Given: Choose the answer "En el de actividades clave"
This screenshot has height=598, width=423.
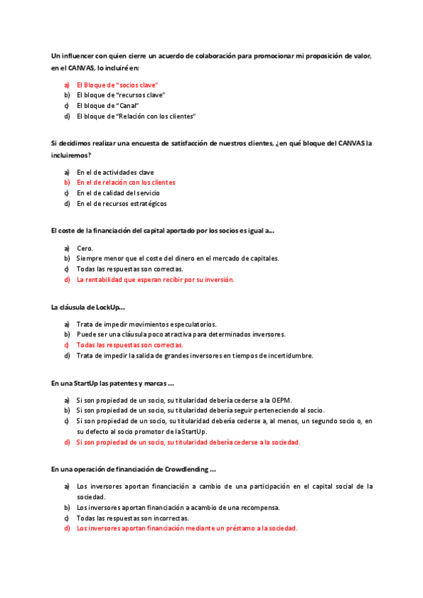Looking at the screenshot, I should pyautogui.click(x=115, y=172).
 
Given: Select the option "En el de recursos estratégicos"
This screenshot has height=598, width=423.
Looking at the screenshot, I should pyautogui.click(x=121, y=203).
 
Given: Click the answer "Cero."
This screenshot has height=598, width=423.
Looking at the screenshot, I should pyautogui.click(x=85, y=248).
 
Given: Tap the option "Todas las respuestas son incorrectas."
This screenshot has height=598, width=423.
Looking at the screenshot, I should pyautogui.click(x=133, y=518).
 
